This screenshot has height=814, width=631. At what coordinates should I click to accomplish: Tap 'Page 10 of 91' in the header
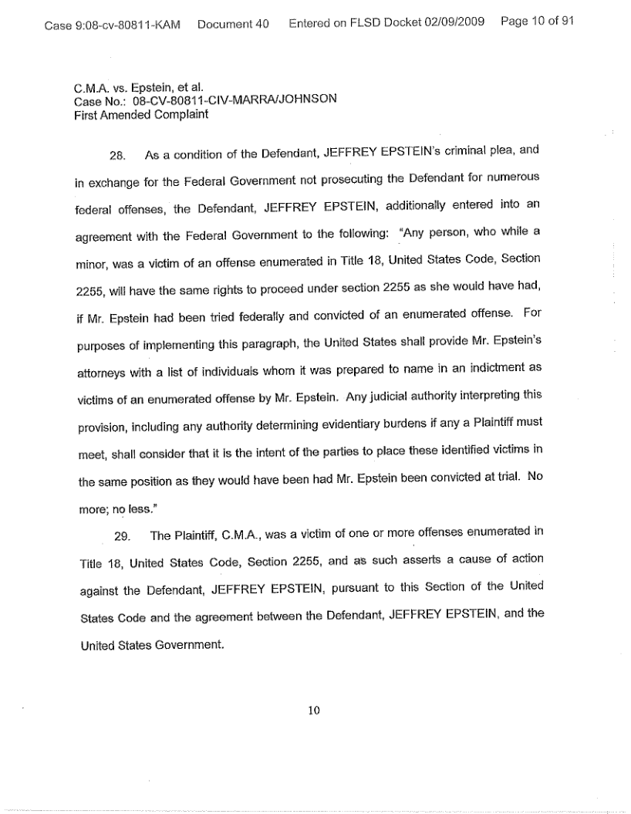coord(537,24)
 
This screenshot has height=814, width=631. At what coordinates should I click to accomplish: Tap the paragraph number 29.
coord(117,535)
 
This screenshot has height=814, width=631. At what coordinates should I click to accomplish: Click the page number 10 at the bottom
coord(314,711)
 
